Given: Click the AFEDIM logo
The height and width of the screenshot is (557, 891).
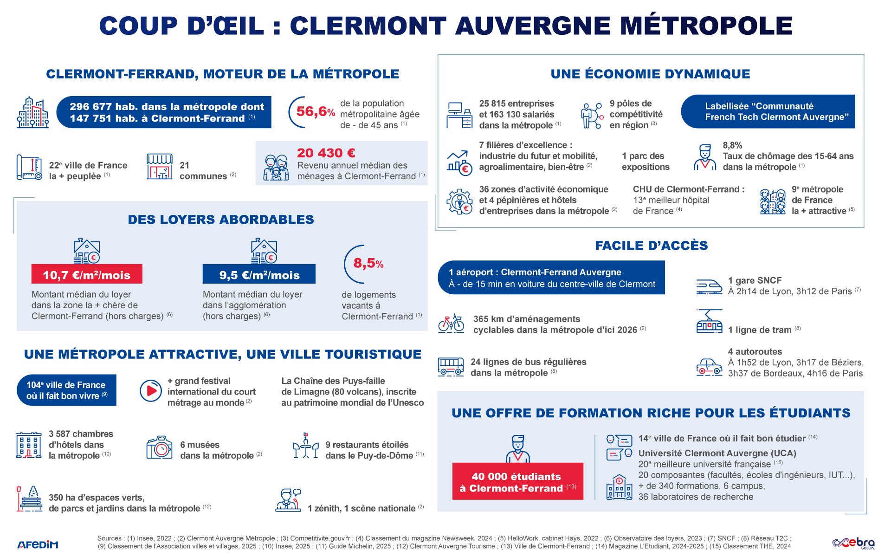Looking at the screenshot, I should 38,544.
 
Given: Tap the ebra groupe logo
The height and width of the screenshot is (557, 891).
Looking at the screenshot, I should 853,543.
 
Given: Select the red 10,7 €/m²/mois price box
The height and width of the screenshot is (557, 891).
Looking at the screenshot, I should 87,274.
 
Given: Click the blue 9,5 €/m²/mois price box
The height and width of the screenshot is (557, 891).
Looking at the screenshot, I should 259,274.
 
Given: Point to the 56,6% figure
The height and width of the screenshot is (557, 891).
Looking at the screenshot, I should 315,112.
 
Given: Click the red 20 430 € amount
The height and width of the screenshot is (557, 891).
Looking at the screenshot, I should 326,153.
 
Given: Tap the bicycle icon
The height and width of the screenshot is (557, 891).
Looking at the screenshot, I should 451,323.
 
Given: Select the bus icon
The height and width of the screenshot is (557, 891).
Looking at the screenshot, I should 451,367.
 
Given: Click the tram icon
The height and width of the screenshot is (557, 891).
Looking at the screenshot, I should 709,321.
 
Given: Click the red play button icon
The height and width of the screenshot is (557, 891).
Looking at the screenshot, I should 151,391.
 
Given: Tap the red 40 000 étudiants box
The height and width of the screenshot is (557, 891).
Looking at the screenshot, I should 517,481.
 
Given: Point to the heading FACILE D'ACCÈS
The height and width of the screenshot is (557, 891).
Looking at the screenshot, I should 651,246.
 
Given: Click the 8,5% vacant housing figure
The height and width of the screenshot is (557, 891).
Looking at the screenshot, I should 368,264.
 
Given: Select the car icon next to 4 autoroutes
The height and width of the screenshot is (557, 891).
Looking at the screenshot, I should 709,367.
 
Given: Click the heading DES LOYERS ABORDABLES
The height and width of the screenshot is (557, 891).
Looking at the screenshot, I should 221,220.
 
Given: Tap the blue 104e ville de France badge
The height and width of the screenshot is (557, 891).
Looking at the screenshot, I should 66,390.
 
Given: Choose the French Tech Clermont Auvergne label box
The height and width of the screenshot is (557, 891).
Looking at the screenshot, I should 768,112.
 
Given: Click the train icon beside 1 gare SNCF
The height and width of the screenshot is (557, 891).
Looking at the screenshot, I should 709,286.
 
